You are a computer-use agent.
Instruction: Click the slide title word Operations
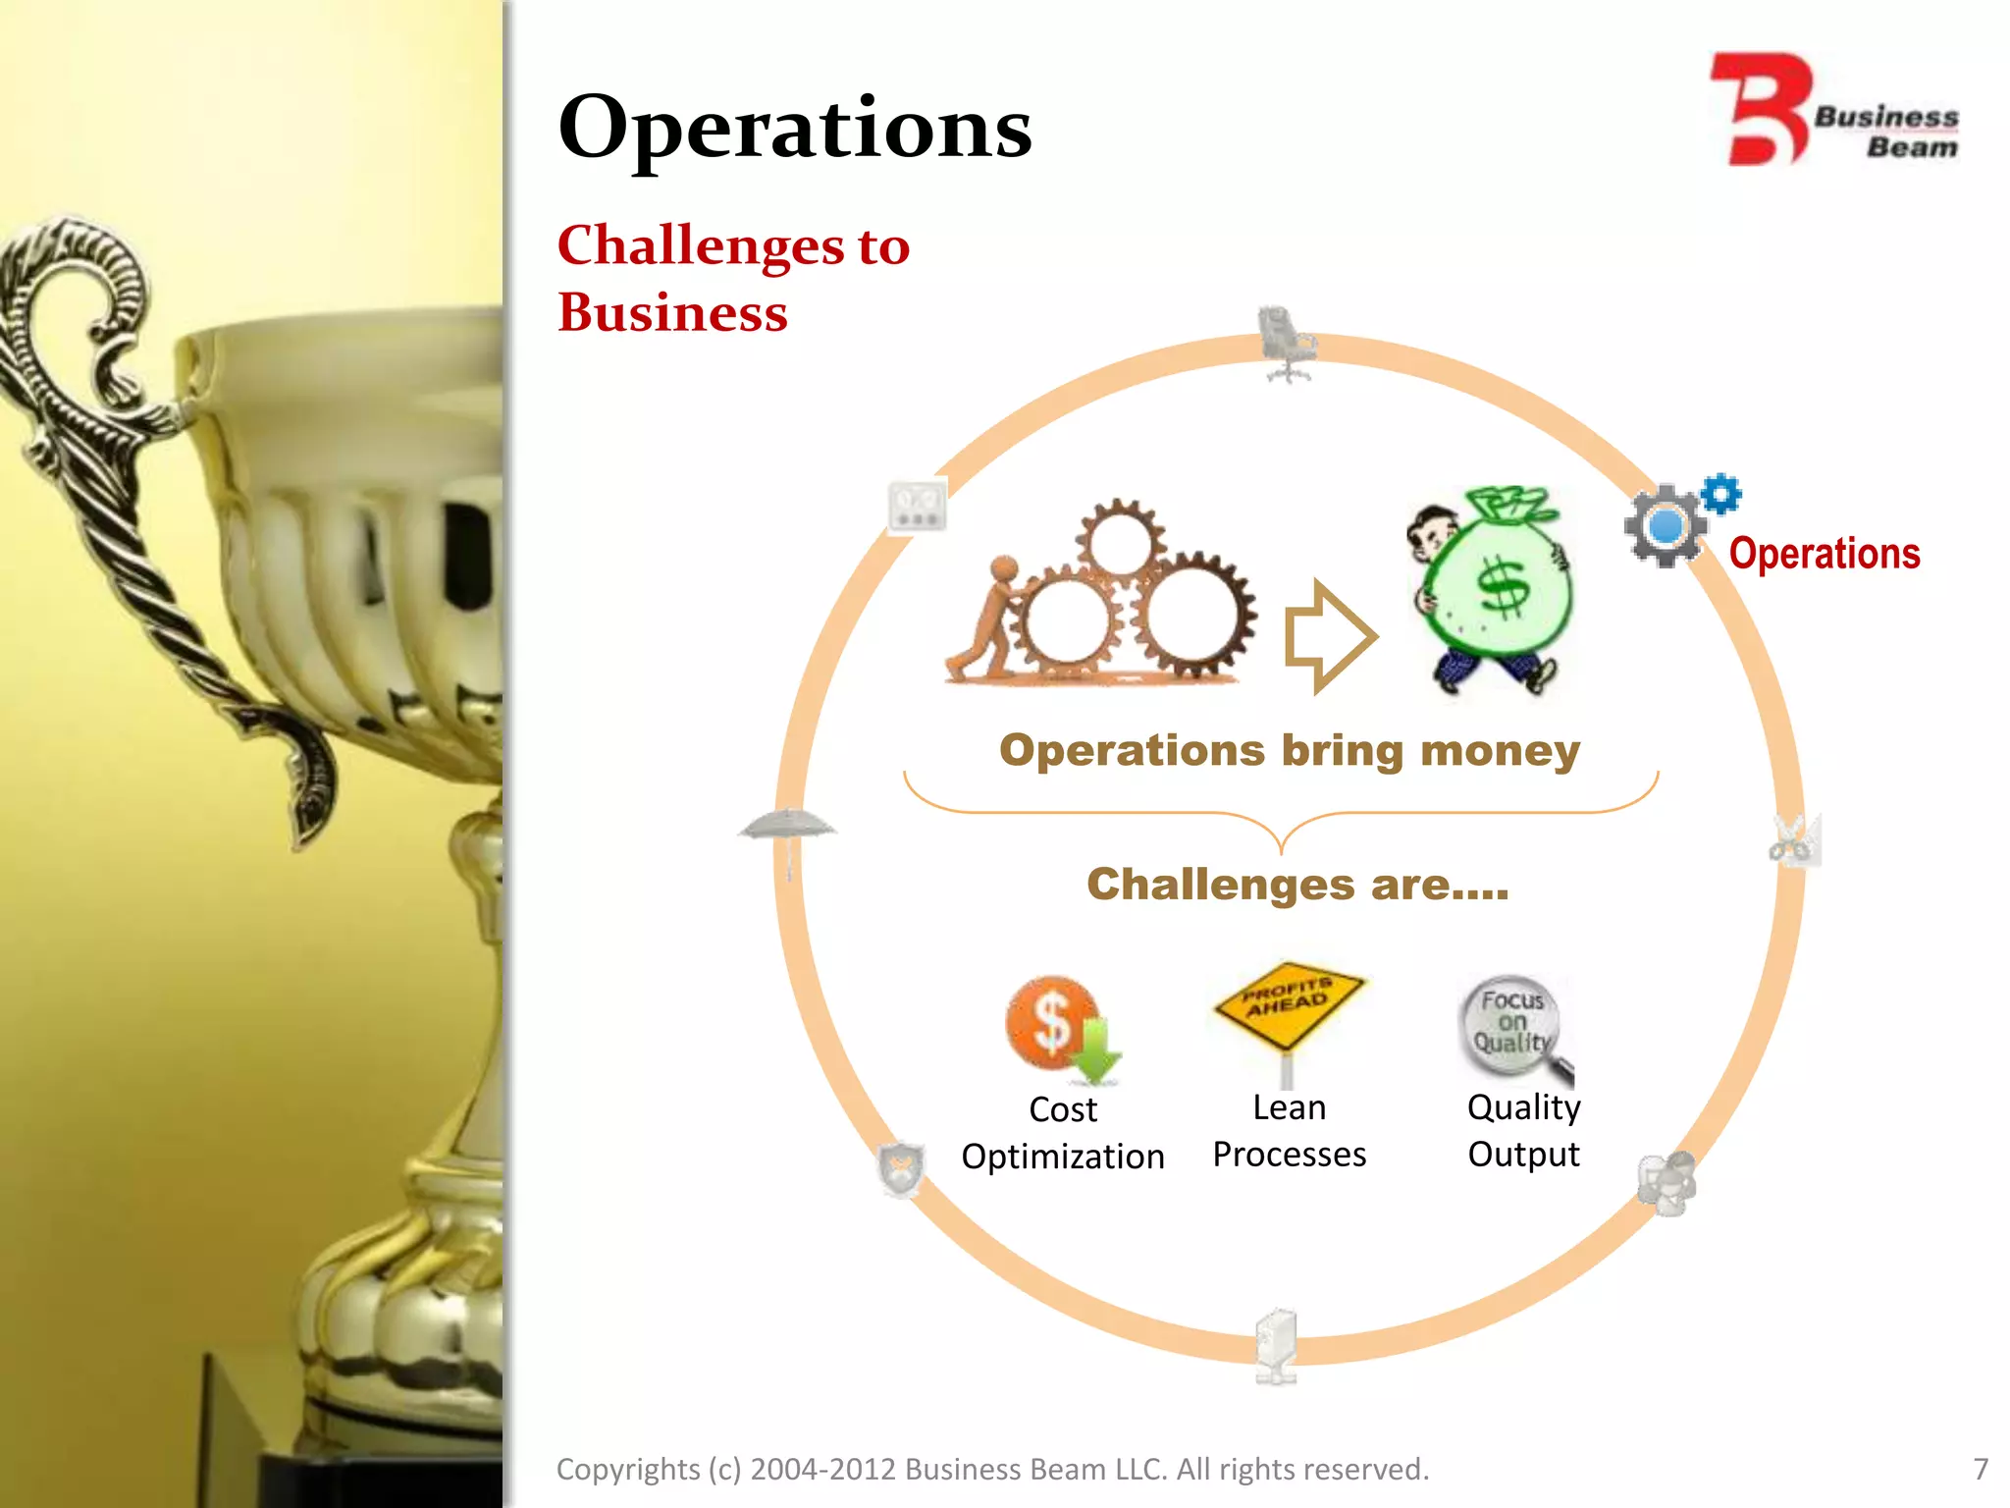pos(795,128)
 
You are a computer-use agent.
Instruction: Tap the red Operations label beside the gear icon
pos(1824,554)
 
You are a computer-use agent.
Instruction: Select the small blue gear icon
pos(1720,494)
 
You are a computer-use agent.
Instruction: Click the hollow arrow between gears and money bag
pos(1329,636)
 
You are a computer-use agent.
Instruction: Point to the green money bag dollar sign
pos(1503,587)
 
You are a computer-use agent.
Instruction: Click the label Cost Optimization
pos(1063,1133)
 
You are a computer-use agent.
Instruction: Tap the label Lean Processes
pos(1289,1131)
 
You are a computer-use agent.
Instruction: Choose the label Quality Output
pos(1523,1131)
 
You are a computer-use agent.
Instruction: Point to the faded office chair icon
pos(1285,344)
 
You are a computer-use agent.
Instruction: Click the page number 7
pos(1981,1469)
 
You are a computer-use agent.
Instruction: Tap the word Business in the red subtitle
pos(672,313)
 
